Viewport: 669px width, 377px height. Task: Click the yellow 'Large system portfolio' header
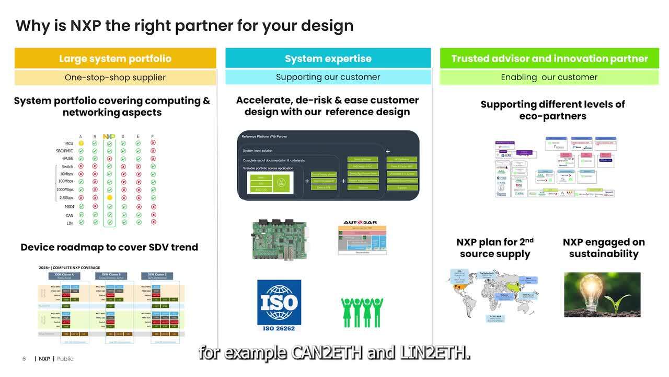(x=115, y=59)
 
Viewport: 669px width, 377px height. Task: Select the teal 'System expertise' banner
(x=328, y=59)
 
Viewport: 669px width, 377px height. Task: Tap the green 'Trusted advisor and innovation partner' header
(x=549, y=59)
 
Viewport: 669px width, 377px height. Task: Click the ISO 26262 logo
(x=279, y=305)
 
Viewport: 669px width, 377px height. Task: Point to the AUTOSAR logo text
(x=360, y=223)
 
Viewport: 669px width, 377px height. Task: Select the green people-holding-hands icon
(x=362, y=313)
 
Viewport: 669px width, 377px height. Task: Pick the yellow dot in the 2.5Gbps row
(x=109, y=198)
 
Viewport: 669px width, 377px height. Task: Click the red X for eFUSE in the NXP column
(x=109, y=159)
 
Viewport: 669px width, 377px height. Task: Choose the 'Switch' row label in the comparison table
(x=67, y=167)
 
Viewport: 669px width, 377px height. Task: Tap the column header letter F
(x=153, y=137)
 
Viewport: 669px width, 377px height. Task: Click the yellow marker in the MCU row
(x=81, y=143)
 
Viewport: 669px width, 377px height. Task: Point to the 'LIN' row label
(x=70, y=223)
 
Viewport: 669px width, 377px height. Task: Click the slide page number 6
(x=24, y=359)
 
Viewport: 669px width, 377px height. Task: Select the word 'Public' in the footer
(x=65, y=359)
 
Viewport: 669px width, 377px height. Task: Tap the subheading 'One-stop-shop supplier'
(x=115, y=77)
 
